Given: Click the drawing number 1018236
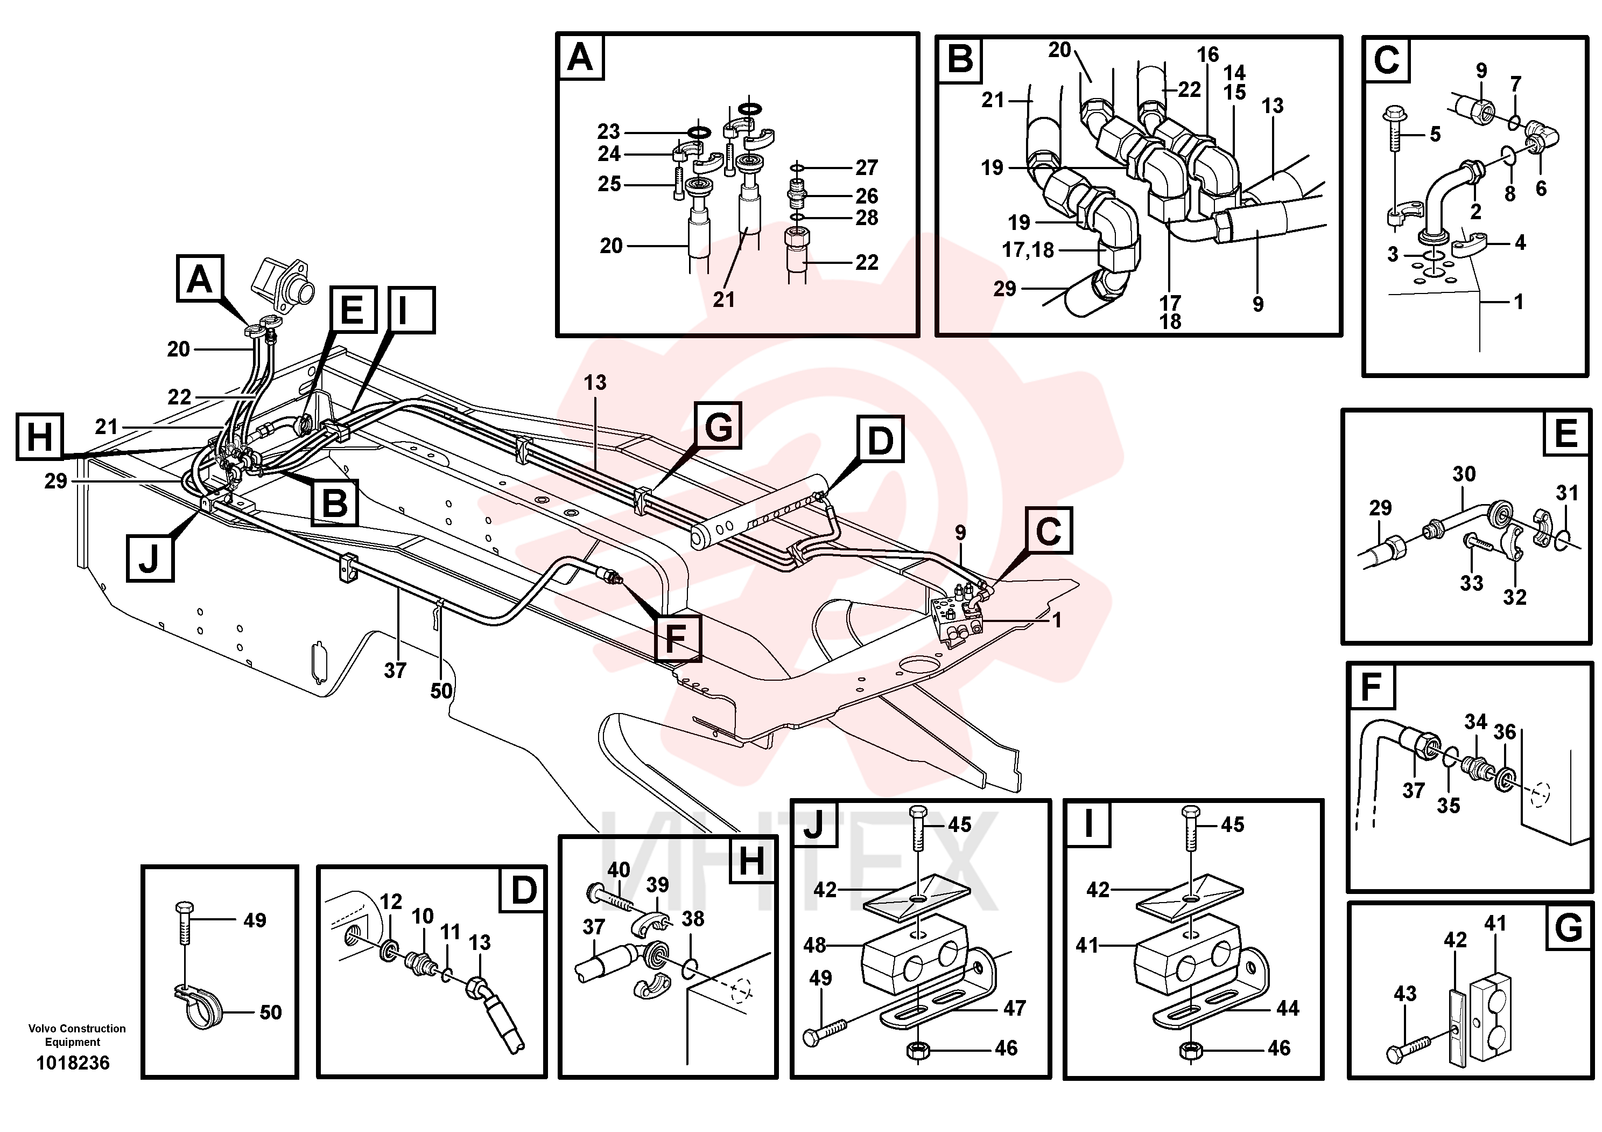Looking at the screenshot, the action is tap(73, 1063).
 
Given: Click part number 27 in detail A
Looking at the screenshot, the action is tap(867, 167).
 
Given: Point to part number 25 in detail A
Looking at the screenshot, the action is tap(609, 184).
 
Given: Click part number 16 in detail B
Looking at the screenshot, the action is tap(1208, 54).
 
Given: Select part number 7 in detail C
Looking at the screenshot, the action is tap(1515, 85).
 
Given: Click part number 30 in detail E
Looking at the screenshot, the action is tap(1464, 474).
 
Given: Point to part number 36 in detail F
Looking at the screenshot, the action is tap(1505, 732).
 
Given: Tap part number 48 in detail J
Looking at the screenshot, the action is tap(815, 945).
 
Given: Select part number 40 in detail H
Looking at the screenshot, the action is tap(618, 870).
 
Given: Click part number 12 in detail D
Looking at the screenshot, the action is tap(391, 902).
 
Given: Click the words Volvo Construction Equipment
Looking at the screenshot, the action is tap(77, 1035).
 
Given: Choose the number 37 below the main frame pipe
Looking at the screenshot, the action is tap(395, 670).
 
